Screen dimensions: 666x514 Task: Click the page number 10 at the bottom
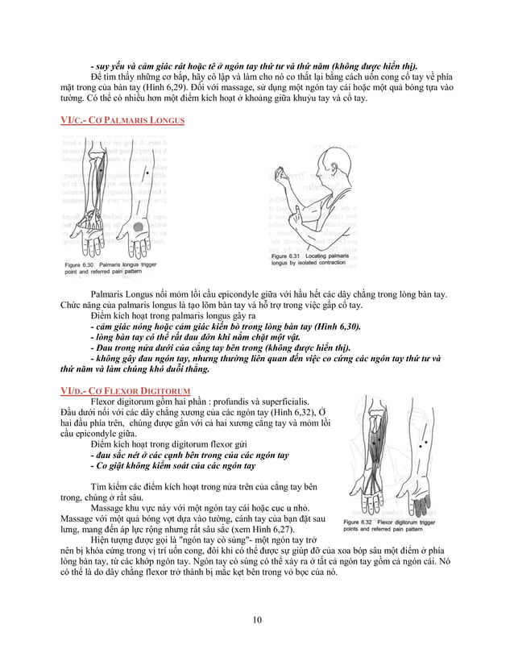click(x=257, y=619)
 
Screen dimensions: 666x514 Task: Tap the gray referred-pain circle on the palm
click(x=138, y=230)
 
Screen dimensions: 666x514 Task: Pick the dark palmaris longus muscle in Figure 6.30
click(x=98, y=177)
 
